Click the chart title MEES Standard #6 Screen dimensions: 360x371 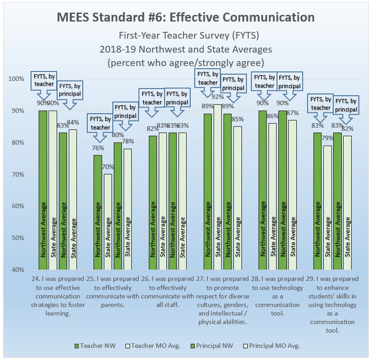(185, 17)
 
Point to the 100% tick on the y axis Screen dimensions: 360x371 (16, 79)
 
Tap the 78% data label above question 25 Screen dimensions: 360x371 (129, 142)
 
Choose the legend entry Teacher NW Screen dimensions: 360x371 (92, 346)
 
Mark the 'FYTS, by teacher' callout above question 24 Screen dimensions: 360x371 (44, 80)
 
